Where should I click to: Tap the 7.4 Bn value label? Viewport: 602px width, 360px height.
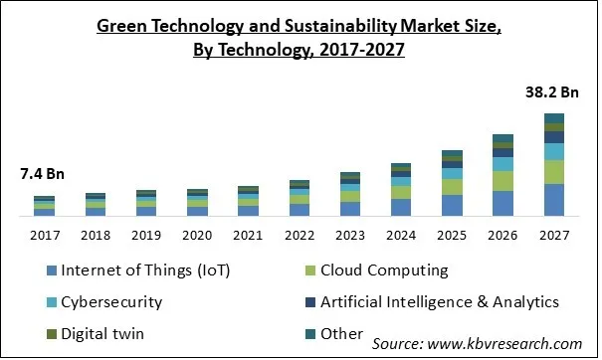click(x=43, y=174)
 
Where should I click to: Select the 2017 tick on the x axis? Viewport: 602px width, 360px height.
click(x=44, y=236)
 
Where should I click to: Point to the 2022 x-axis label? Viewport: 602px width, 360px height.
click(x=299, y=236)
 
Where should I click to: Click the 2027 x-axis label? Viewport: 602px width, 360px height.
click(x=553, y=236)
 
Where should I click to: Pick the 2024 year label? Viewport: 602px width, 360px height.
click(x=400, y=236)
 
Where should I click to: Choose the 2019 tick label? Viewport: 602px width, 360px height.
click(x=145, y=236)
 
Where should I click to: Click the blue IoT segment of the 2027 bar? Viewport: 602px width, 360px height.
click(x=553, y=200)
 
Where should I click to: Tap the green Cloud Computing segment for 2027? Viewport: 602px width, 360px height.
click(x=553, y=171)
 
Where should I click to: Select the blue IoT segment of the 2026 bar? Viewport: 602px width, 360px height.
click(x=502, y=203)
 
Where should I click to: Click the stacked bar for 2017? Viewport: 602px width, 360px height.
click(x=44, y=206)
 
